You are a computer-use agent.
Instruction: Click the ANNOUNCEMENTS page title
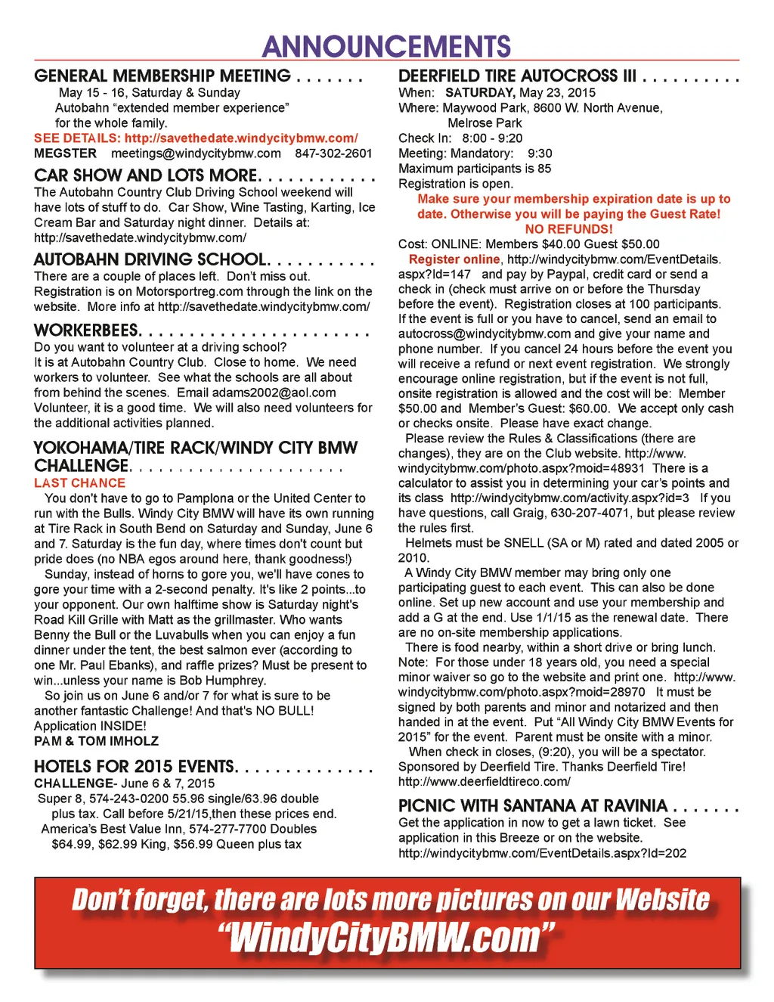(x=386, y=46)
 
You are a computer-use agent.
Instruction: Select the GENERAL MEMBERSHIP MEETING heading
(x=163, y=76)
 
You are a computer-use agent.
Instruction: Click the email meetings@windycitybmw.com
(x=196, y=154)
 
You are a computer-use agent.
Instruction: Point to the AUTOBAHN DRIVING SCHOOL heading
(x=151, y=259)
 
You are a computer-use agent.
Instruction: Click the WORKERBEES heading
(x=87, y=330)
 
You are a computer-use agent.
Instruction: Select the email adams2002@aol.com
(x=274, y=392)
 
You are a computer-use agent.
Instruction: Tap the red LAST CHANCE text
(x=79, y=483)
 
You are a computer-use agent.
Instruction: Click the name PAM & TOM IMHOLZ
(x=96, y=741)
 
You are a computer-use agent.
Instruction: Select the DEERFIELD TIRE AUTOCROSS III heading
(x=517, y=76)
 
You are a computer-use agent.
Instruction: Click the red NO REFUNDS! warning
(x=568, y=229)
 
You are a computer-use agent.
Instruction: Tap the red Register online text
(x=454, y=259)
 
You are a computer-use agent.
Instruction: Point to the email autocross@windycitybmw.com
(x=485, y=333)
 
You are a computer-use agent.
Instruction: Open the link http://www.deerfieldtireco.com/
(x=484, y=782)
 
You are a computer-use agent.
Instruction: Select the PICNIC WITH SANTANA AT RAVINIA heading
(x=533, y=805)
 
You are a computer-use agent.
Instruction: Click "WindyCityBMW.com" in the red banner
(x=386, y=938)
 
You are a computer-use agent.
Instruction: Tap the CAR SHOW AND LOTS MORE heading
(x=147, y=175)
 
